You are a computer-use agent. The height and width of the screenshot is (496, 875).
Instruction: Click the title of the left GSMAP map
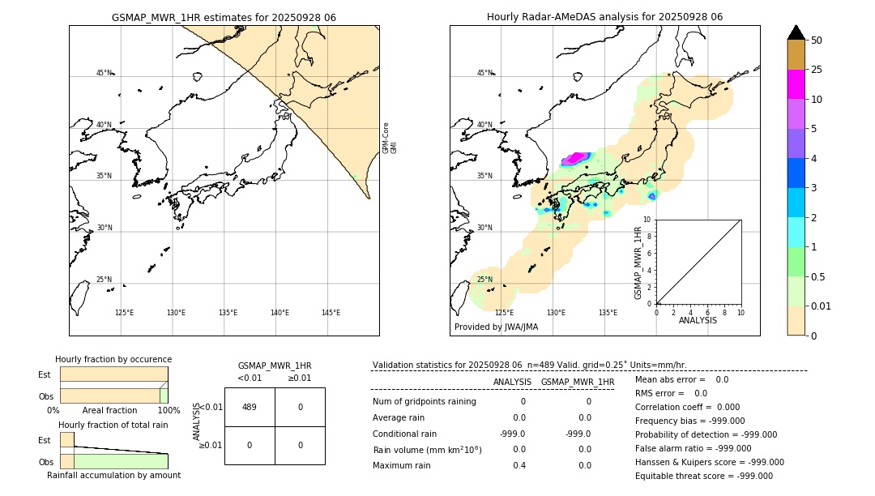click(224, 17)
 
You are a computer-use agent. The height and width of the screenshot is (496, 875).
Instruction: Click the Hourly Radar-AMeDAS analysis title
click(604, 17)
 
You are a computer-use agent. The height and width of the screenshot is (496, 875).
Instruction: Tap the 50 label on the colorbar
click(817, 41)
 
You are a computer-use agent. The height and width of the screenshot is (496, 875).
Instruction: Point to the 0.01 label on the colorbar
click(822, 306)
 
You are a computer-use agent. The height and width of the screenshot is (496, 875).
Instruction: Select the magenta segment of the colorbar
click(796, 84)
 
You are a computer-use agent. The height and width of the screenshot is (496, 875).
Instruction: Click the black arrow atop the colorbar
click(796, 32)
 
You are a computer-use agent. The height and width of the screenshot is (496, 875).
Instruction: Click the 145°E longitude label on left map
click(331, 313)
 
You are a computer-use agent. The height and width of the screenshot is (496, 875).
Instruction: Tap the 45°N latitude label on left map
click(104, 73)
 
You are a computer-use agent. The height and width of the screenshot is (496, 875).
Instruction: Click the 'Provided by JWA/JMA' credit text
click(496, 327)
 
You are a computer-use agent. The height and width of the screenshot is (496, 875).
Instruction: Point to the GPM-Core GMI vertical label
click(390, 138)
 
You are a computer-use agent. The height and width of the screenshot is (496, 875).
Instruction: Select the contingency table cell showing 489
click(250, 407)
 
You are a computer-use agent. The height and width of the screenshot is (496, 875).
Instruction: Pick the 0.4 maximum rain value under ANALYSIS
click(519, 466)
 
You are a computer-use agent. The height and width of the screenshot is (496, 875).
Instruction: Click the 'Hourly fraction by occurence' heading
click(113, 359)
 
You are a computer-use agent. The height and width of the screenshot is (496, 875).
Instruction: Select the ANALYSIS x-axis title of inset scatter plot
click(698, 320)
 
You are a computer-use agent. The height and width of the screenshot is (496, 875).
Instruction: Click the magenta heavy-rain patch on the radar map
click(576, 157)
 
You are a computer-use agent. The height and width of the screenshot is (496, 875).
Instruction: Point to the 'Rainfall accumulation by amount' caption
click(113, 476)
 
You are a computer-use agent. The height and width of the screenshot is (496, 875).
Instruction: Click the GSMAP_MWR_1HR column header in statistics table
click(577, 382)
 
